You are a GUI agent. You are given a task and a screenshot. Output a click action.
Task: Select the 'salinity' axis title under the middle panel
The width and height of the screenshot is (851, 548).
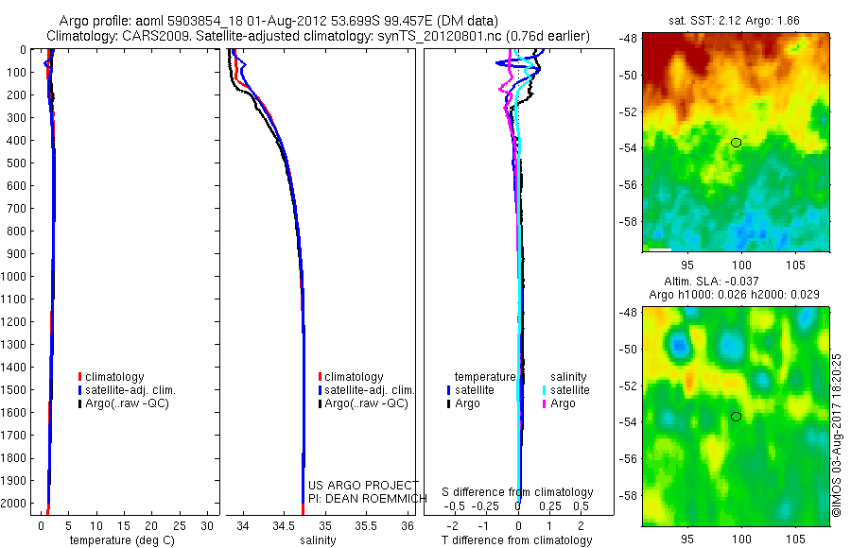point(319,540)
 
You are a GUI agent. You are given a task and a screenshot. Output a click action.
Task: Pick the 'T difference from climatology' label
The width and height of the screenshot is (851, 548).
point(517,540)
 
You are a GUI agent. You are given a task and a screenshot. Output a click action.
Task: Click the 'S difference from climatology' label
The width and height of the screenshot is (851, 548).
point(517,492)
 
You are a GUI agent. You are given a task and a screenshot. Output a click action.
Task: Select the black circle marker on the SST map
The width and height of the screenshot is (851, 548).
point(737,143)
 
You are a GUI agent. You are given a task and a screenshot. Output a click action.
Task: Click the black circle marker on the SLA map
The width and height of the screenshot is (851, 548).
point(737,417)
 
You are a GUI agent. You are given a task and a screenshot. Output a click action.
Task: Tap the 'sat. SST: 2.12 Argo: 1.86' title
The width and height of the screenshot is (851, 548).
point(737,21)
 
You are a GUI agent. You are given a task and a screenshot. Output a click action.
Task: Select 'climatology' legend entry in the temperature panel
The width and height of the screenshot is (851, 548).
point(113,377)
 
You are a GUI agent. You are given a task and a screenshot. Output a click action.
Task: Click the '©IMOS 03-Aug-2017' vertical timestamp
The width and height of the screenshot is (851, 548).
point(836,436)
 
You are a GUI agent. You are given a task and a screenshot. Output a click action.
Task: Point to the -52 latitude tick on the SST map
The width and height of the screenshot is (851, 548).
point(629,111)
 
